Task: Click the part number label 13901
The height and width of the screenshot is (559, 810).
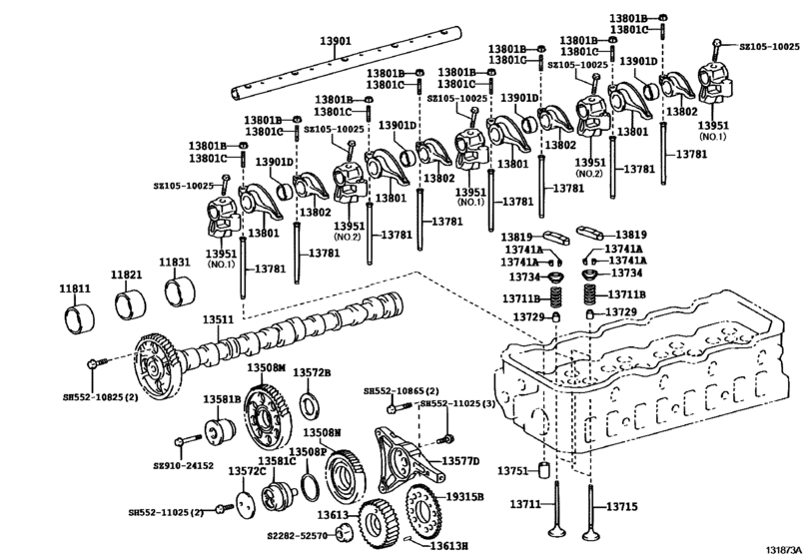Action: coord(336,41)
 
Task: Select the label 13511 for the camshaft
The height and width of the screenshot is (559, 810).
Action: coord(218,320)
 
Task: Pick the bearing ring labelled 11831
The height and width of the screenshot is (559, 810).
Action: coord(177,292)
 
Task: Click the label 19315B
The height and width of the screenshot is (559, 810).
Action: coord(464,496)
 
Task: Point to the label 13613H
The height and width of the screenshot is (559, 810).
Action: coord(449,546)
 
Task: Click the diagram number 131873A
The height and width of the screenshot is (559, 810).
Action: coord(786,548)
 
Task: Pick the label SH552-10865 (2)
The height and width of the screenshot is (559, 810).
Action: coord(402,391)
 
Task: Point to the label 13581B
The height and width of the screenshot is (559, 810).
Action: coord(223,399)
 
